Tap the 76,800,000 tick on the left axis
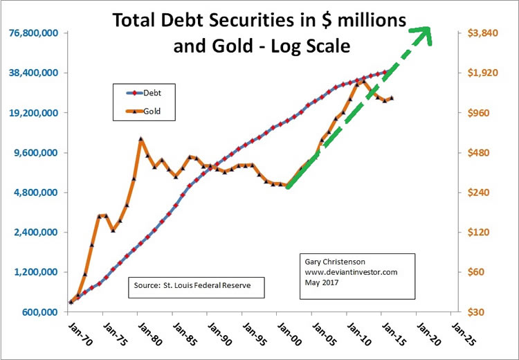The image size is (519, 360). pyautogui.click(x=30, y=33)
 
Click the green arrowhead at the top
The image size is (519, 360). pyautogui.click(x=423, y=33)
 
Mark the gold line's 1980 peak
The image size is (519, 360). pyautogui.click(x=140, y=139)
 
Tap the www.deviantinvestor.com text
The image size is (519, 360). pyautogui.click(x=351, y=272)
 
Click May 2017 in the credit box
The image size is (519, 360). pyautogui.click(x=320, y=282)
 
